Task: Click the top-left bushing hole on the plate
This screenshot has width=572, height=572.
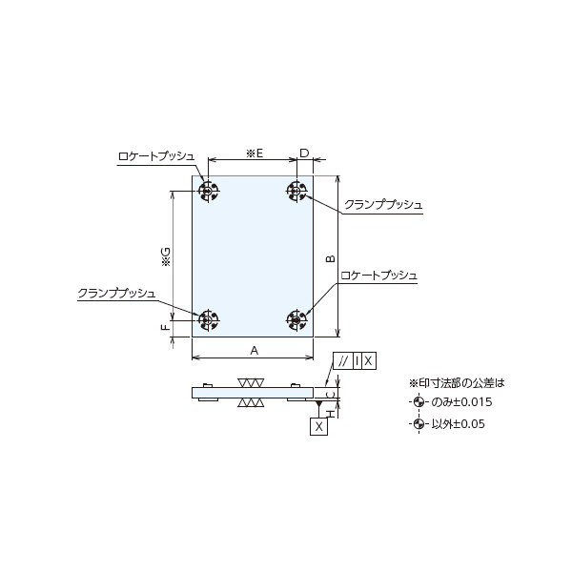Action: (208, 192)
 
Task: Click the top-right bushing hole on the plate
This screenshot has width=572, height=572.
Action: (296, 192)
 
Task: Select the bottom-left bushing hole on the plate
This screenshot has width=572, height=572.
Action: (208, 319)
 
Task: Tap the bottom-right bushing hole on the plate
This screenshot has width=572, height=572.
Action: (296, 319)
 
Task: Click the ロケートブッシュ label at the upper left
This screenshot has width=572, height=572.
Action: (156, 155)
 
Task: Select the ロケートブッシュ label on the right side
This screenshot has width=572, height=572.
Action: (378, 275)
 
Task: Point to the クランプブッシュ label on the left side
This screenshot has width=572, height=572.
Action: (116, 293)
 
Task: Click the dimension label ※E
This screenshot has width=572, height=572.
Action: (254, 153)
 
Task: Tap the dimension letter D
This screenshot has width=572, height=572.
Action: (304, 153)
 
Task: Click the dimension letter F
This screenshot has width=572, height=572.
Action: (165, 327)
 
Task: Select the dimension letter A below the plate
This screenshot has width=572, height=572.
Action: (254, 350)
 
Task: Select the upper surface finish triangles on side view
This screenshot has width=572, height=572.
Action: (251, 382)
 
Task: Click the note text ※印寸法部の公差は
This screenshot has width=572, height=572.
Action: (456, 382)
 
